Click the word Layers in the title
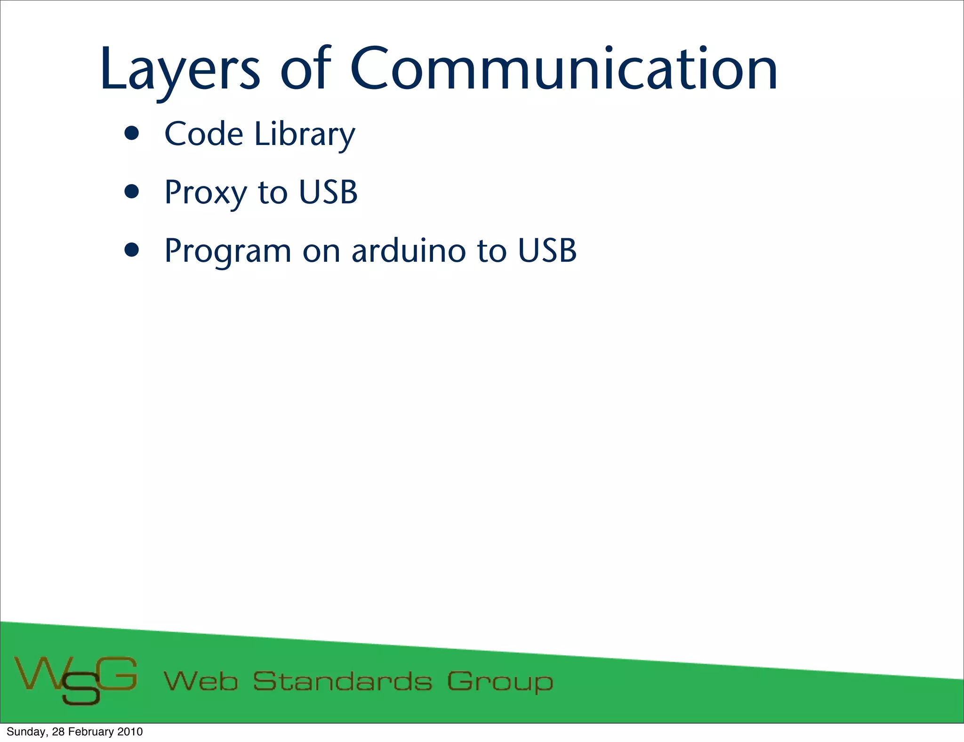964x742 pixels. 179,71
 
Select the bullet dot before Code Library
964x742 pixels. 132,134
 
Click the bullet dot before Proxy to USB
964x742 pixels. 132,192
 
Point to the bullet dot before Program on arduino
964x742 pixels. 132,250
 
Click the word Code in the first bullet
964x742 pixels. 203,134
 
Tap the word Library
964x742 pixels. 305,135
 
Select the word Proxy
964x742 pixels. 205,193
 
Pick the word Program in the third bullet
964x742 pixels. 227,251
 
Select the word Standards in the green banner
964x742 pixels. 342,681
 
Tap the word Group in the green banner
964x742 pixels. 500,682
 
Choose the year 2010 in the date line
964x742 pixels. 130,732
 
